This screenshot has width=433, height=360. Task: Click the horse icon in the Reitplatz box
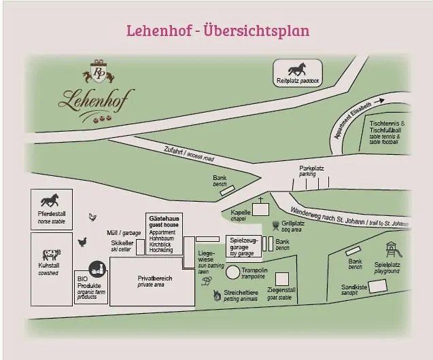click(297, 69)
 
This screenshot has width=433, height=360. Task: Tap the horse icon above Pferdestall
click(50, 200)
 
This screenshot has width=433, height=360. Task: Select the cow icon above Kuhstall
click(52, 255)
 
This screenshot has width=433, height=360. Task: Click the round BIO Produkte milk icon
click(97, 269)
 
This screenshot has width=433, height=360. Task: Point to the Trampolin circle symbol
click(232, 272)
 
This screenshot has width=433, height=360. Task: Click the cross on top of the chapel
click(260, 200)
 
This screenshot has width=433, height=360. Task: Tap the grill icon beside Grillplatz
click(275, 226)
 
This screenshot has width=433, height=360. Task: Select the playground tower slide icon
click(393, 250)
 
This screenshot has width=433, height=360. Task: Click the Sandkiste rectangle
click(378, 286)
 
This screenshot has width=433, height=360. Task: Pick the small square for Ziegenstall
click(282, 279)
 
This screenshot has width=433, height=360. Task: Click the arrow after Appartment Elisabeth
click(379, 101)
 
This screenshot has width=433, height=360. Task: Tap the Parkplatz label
click(311, 168)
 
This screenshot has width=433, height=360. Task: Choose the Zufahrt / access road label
click(189, 154)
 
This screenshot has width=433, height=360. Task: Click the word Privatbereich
click(155, 278)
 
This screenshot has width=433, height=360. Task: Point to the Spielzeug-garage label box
click(243, 247)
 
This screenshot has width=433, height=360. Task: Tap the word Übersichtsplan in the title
click(256, 30)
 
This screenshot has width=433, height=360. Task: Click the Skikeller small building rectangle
click(140, 247)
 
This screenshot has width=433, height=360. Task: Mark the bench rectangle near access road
click(228, 190)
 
